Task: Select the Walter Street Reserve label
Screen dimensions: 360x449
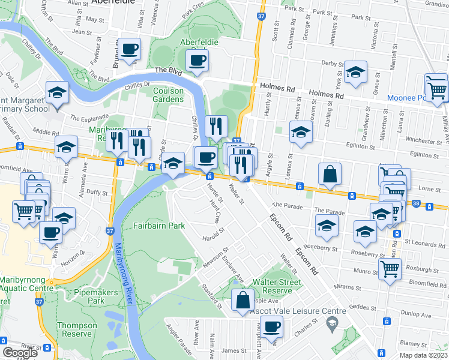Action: [x=277, y=287]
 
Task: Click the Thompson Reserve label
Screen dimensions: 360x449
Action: [x=77, y=330]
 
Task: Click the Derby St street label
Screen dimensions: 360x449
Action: [x=332, y=62]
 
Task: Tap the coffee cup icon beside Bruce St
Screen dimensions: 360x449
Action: [x=129, y=49]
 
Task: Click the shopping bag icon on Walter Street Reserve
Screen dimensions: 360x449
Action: [x=243, y=301]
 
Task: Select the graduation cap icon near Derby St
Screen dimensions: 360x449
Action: [x=355, y=74]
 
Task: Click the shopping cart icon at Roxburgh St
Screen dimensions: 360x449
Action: [x=390, y=270]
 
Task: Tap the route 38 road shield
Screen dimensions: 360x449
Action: [x=416, y=203]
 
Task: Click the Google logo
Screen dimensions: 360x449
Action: [x=20, y=353]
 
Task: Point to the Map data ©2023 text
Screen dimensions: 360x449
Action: [x=423, y=355]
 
